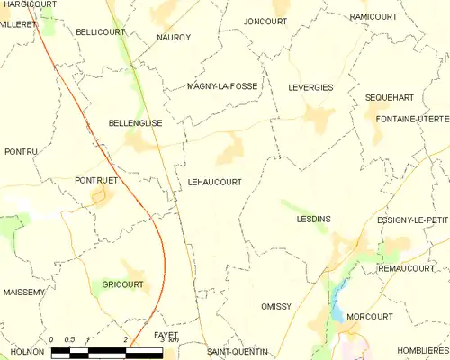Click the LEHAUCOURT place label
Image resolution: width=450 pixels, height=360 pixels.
pos(214,181)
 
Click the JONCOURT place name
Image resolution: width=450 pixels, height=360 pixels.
pos(265,21)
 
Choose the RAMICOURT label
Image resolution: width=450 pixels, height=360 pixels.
pos(373,16)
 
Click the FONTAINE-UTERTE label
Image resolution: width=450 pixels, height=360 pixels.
pos(412,119)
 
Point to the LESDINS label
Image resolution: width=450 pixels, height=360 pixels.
pos(315,219)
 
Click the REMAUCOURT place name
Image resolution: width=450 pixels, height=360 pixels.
pos(406,268)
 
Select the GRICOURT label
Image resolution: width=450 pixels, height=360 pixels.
pos(122,284)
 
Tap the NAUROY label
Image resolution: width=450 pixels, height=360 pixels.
pos(174,38)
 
